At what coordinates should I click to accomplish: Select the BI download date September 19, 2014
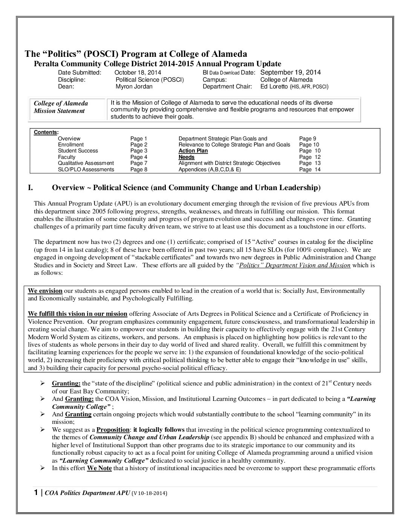tap(291, 72)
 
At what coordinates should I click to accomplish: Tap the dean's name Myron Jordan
tap(134, 87)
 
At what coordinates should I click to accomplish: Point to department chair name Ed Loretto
tap(274, 87)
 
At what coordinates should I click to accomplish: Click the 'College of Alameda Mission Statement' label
tap(61, 107)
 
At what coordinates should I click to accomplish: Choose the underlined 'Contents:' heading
tap(46, 132)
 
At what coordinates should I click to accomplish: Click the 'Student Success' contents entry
tap(78, 151)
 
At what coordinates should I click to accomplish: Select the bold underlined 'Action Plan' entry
tap(193, 151)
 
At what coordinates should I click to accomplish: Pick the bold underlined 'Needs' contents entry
tap(187, 157)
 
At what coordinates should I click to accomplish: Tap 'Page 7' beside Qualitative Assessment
tap(139, 163)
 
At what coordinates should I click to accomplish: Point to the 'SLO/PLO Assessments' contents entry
tap(86, 169)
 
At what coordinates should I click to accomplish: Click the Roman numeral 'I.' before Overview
tap(32, 187)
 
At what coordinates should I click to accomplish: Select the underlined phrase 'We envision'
tap(45, 291)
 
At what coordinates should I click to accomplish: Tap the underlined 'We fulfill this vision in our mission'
tap(78, 314)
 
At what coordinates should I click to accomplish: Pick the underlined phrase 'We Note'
tap(99, 468)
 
